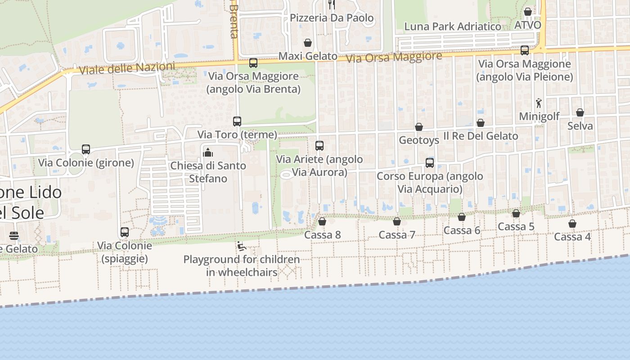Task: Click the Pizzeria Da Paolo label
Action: pos(332,18)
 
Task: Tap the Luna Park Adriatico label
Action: pos(453,27)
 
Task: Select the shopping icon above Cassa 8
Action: pos(322,221)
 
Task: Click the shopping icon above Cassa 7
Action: pos(397,221)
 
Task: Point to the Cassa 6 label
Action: pos(462,230)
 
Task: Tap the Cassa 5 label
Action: pos(516,226)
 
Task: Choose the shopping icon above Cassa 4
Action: pos(572,224)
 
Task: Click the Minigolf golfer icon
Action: pos(539,103)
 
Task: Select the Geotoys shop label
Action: pos(419,140)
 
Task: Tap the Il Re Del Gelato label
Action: pos(481,136)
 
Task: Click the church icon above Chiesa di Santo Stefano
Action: pos(208,152)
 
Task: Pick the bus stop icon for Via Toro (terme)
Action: pos(237,121)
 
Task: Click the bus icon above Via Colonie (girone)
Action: pos(86,149)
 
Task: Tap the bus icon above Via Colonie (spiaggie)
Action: pos(125,232)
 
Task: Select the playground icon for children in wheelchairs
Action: pos(241,246)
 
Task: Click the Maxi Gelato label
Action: pos(308,56)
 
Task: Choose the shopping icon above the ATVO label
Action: pos(528,12)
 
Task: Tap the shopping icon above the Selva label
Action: pos(580,112)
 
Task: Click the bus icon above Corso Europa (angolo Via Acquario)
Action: pos(430,163)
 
